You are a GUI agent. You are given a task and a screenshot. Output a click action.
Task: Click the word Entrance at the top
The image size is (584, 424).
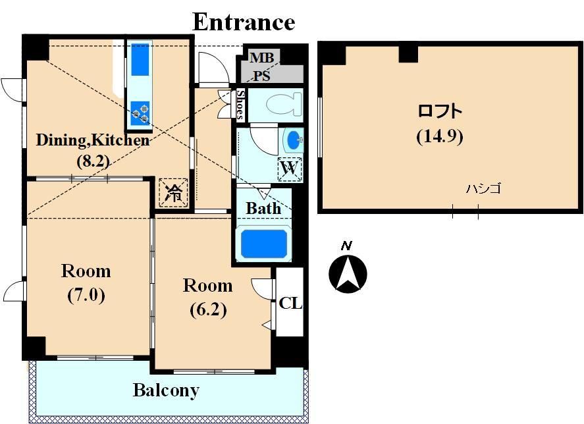(244, 22)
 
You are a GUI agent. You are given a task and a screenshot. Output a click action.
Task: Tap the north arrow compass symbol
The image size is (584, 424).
(348, 274)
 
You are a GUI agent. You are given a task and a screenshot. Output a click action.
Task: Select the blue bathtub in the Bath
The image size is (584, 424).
(264, 244)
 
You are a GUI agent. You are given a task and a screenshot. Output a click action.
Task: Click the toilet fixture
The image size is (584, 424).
(284, 104)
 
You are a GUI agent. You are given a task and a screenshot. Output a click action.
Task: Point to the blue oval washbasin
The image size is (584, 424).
(294, 140)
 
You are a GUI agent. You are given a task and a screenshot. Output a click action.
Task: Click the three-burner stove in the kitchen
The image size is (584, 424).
(140, 113)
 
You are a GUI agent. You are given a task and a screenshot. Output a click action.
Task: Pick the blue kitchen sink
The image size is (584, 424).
(140, 59)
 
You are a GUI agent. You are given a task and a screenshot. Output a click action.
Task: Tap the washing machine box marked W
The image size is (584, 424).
(290, 169)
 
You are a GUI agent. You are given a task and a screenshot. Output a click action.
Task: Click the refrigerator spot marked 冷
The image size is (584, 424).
(173, 193)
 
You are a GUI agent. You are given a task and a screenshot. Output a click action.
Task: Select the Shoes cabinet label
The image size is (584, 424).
(240, 105)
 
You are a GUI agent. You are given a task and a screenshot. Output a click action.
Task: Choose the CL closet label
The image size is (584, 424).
(290, 304)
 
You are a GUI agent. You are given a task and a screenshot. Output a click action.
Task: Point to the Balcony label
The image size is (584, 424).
(166, 390)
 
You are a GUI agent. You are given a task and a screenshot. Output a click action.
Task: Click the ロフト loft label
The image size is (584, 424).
(440, 111)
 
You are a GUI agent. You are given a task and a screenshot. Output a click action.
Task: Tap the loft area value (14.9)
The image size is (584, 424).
(440, 136)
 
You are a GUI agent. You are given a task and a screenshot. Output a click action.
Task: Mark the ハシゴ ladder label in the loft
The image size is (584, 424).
(483, 188)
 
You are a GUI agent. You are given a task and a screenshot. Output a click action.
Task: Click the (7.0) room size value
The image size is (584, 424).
(86, 295)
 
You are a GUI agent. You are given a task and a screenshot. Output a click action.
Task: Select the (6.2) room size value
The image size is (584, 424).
(208, 310)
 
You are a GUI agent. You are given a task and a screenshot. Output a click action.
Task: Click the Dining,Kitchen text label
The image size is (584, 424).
(93, 140)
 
